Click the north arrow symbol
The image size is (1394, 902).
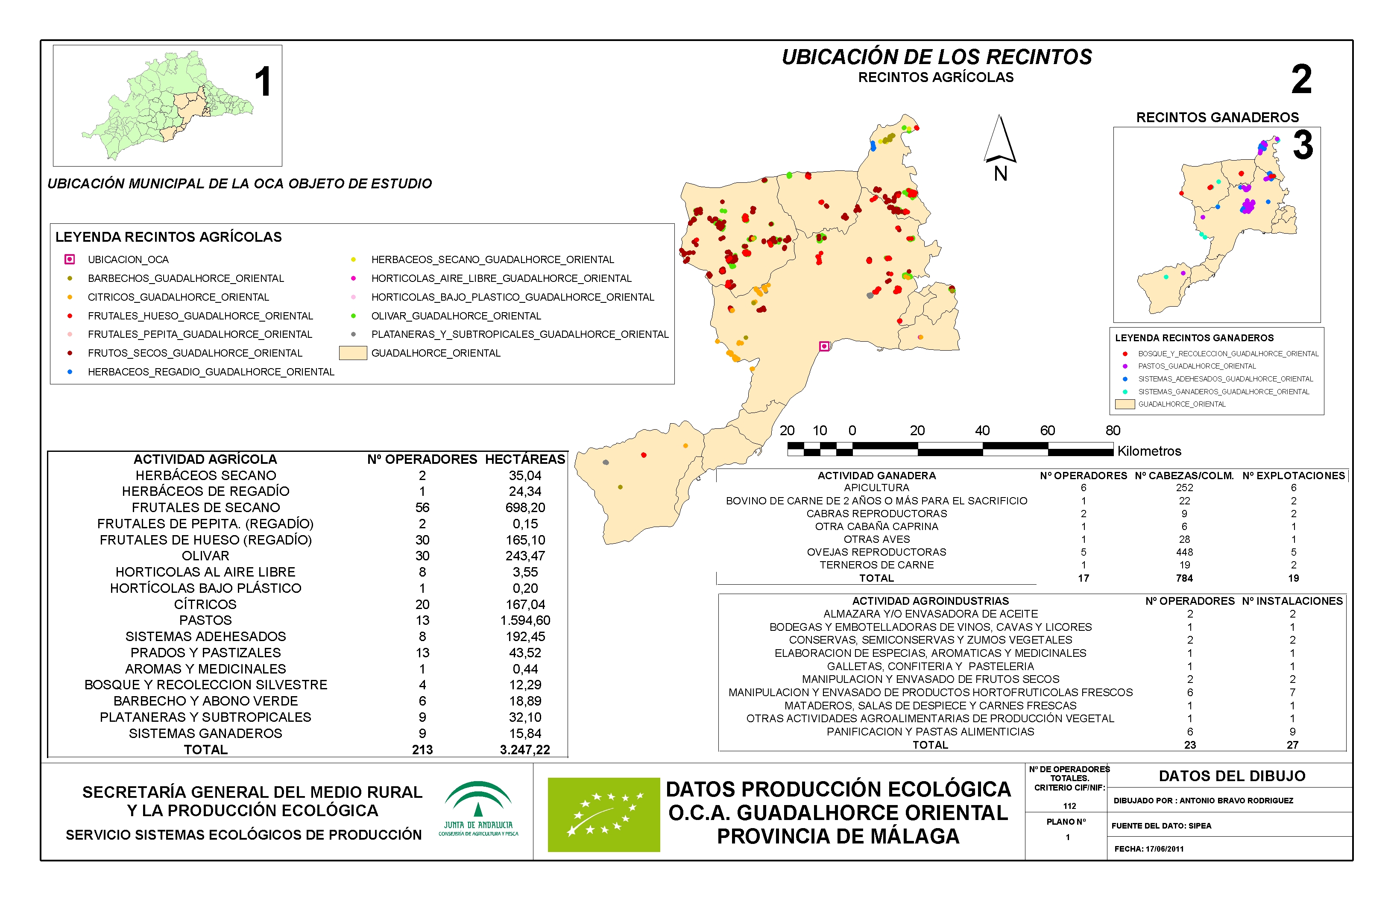[x=1000, y=141]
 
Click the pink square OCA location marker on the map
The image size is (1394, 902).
[x=824, y=346]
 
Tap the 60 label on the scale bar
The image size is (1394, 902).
[x=1047, y=430]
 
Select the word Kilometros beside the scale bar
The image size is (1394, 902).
[x=1149, y=451]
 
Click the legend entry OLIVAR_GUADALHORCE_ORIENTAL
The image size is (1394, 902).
[x=456, y=316]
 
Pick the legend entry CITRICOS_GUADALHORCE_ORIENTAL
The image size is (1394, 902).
[x=178, y=297]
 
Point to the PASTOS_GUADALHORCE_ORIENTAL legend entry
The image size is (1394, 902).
[x=1197, y=366]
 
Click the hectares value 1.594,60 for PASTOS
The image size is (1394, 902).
[x=525, y=620]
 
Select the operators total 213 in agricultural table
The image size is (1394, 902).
[x=422, y=750]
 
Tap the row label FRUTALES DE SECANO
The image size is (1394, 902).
[x=205, y=507]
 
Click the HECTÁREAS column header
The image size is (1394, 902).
[x=525, y=459]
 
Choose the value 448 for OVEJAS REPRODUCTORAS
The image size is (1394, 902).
[x=1184, y=552]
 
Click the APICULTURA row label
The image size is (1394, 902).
[x=876, y=487]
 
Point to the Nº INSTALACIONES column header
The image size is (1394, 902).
[x=1292, y=601]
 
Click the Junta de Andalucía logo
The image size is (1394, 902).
[x=478, y=808]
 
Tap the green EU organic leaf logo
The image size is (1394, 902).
[x=603, y=814]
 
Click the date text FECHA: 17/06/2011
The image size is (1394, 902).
[x=1148, y=849]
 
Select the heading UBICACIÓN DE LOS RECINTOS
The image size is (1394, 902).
[x=937, y=57]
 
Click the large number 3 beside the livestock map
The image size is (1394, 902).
[x=1303, y=145]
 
